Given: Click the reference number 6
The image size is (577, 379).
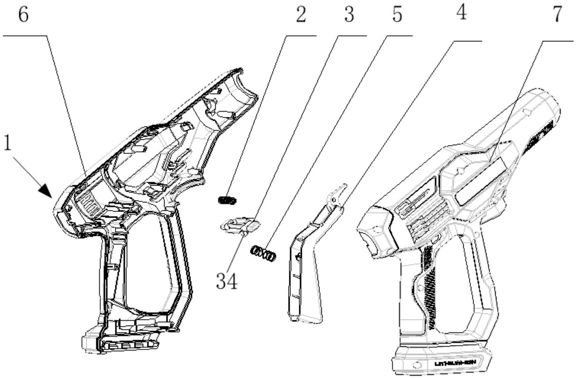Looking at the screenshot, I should pos(23,15).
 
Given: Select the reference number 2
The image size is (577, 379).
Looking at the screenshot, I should pos(301,15).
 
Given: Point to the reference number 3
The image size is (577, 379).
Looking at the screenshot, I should pos(349,15).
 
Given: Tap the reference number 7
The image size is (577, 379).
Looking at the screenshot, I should pos(558,14).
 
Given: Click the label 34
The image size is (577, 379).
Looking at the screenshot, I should pos(226,281).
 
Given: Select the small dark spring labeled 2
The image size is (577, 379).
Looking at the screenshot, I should pos(228,200).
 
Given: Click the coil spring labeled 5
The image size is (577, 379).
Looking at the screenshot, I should pos(264,254).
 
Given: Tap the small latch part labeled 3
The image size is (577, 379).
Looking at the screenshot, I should pos(240,225).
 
